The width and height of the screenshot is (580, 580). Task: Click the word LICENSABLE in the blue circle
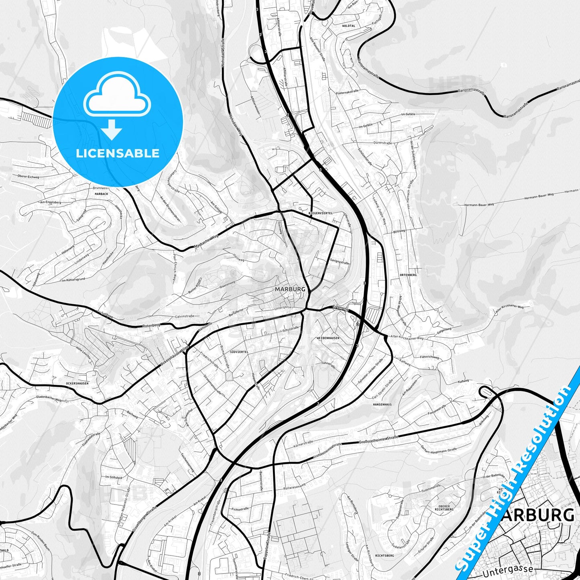click(118, 153)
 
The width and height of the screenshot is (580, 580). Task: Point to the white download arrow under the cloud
click(112, 129)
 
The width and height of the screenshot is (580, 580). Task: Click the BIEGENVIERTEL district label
click(321, 213)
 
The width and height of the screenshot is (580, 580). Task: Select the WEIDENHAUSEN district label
click(328, 338)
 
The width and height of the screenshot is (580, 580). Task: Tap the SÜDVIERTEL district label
click(239, 352)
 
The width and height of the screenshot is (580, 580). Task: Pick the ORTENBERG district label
click(408, 275)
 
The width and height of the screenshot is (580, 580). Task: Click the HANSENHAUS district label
click(382, 405)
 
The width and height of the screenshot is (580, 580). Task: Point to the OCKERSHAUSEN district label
click(77, 383)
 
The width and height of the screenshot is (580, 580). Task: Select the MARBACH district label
click(101, 194)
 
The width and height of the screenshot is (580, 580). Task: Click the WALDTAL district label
click(348, 25)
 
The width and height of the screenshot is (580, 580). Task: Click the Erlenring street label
click(340, 308)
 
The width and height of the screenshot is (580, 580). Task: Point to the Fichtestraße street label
click(240, 509)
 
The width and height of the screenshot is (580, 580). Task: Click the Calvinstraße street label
click(184, 316)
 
